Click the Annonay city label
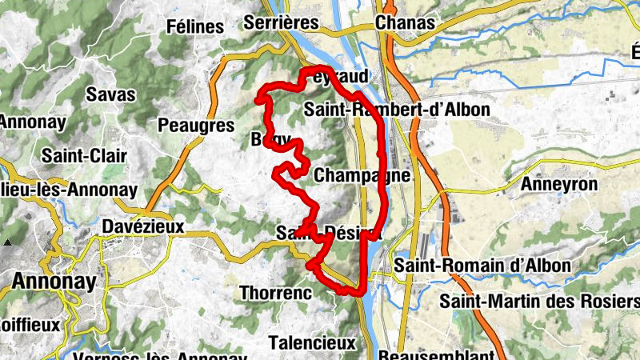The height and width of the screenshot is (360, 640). click(54, 282)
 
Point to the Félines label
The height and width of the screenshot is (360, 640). click(195, 26)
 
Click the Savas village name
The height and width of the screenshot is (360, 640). click(110, 94)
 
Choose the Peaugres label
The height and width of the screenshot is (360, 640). click(196, 125)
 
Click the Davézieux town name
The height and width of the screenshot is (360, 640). click(143, 226)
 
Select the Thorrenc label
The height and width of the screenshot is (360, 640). click(275, 294)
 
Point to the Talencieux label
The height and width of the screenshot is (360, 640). click(311, 342)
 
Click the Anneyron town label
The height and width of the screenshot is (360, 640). click(559, 185)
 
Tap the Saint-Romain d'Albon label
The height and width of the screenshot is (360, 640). click(482, 265)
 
